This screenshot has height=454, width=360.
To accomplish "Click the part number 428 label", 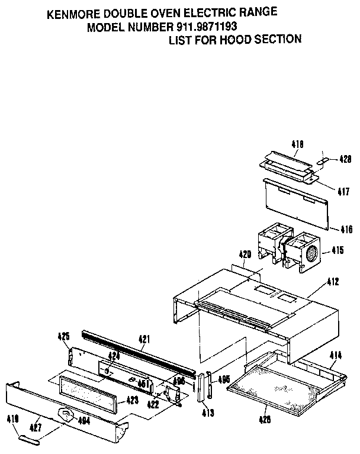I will pos(345,159).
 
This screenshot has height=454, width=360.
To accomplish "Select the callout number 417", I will pos(343,192).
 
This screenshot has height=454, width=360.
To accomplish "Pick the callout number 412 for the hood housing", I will pos(332,283).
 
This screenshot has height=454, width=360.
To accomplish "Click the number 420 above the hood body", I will pos(245,255).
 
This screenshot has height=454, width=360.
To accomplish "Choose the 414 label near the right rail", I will pos(336,355).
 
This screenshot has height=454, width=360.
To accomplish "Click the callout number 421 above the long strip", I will pos(144,339).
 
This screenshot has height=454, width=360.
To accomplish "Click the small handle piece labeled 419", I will pos(30,439).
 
